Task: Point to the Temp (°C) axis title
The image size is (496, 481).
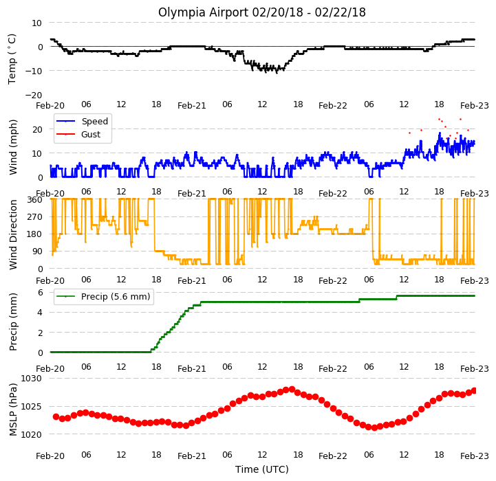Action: (12, 59)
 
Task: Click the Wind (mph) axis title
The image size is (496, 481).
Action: (13, 147)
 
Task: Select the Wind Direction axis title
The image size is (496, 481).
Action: (13, 234)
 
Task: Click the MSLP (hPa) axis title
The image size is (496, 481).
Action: (13, 410)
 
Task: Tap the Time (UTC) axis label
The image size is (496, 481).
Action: (262, 469)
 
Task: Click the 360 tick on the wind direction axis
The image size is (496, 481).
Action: (34, 200)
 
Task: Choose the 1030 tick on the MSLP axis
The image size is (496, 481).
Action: (31, 379)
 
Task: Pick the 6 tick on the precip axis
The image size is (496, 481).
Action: (41, 292)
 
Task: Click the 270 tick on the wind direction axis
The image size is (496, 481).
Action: (34, 217)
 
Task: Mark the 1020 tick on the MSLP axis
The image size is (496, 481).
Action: (31, 434)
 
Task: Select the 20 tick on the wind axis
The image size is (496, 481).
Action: (37, 130)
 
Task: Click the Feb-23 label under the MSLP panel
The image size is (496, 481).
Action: (475, 456)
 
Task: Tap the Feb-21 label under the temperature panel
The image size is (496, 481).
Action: (192, 106)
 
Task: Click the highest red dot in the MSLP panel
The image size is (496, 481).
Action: (292, 389)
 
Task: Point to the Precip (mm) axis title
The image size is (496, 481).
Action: (13, 322)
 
